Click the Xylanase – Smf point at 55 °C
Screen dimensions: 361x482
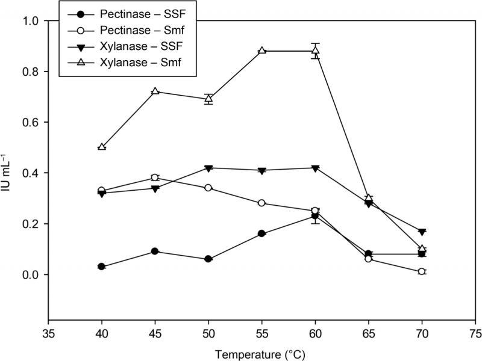(262, 51)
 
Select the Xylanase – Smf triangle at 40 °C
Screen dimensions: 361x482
(102, 147)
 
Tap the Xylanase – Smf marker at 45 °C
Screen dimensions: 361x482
(155, 91)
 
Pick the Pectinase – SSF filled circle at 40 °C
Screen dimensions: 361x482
(102, 267)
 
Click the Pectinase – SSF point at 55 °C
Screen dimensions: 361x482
(262, 233)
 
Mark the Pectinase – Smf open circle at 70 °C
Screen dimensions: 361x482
(422, 272)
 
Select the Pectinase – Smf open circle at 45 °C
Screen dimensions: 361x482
(155, 177)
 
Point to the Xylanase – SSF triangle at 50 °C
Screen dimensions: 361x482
(208, 168)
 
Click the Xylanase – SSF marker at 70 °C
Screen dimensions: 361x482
(422, 232)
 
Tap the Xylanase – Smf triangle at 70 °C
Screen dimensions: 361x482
(422, 248)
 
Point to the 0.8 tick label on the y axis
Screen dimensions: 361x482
(35, 72)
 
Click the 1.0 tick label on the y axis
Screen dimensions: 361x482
(35, 21)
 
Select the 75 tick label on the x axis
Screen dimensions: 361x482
(475, 332)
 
